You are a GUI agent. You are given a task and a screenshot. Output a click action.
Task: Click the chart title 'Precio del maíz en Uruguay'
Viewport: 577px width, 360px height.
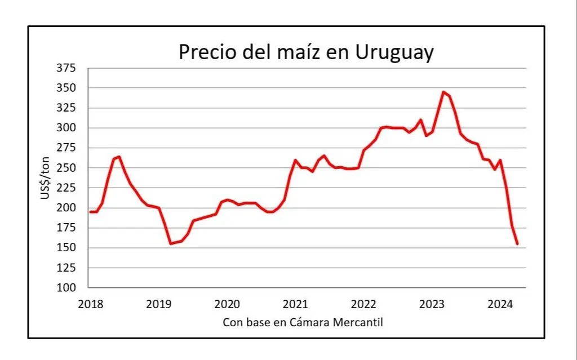307,52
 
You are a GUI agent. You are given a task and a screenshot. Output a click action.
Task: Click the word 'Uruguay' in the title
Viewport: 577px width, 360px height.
395,52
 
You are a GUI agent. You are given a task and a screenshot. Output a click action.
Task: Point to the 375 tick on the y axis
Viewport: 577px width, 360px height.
66,68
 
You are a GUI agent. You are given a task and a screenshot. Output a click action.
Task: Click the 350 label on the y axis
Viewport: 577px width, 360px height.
66,88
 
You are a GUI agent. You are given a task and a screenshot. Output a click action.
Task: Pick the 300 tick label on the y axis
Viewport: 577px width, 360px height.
66,128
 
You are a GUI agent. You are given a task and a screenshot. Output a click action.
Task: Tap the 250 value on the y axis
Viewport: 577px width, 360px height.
66,168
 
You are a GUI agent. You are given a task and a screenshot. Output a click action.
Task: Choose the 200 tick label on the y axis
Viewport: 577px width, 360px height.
66,208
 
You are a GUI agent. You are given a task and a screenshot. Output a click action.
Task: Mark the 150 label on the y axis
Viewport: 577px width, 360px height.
66,248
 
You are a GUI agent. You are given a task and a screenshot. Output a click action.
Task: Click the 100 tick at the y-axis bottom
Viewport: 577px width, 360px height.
66,288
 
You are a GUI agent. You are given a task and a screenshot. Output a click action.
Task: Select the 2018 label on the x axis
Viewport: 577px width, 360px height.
90,305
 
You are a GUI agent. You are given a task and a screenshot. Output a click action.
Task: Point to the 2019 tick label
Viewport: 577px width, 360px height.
158,305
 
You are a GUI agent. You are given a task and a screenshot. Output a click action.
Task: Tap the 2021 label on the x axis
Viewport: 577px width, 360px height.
295,305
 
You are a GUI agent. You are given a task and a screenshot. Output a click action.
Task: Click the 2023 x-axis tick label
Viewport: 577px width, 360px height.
432,305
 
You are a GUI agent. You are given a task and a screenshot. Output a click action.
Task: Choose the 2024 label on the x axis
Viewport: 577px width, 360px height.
500,305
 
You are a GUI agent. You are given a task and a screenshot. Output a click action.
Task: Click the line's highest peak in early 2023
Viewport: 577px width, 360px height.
443,92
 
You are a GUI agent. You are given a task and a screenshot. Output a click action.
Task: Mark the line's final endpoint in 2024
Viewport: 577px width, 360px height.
517,244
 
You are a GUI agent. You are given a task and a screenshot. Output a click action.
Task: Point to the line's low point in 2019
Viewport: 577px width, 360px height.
170,243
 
